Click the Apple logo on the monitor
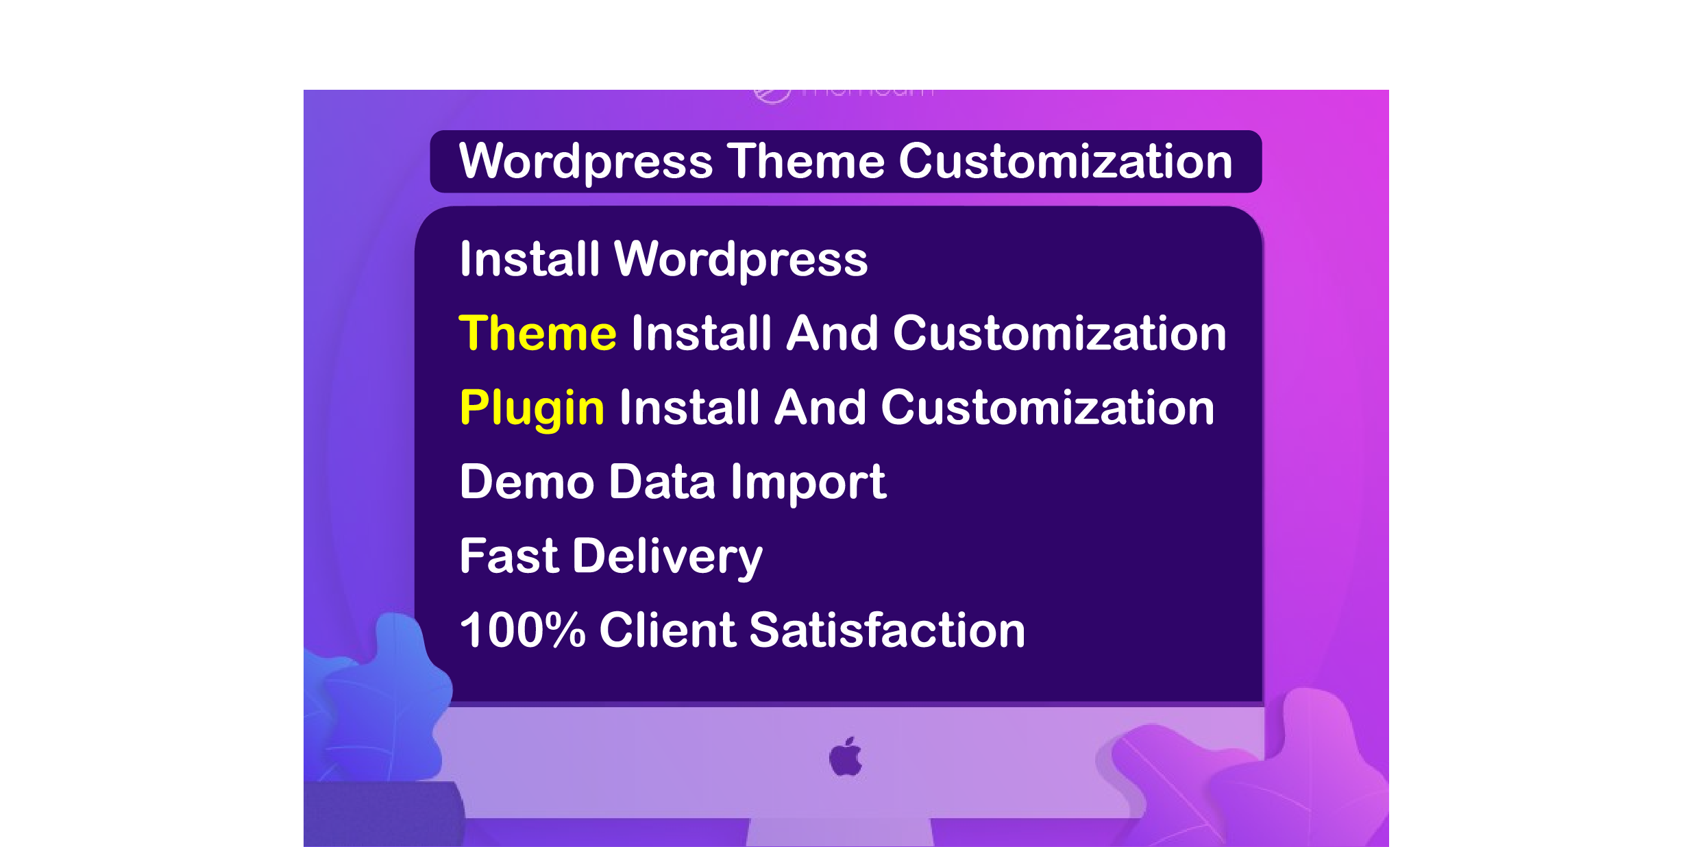click(846, 757)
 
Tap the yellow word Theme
click(537, 334)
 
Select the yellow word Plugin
click(532, 408)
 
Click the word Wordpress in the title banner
click(586, 162)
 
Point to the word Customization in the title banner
click(1065, 162)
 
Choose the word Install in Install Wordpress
click(529, 259)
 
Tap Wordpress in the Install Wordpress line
click(740, 260)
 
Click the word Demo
click(526, 482)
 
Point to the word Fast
click(509, 556)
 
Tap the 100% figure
click(522, 630)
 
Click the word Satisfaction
click(887, 630)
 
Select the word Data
click(662, 482)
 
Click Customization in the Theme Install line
click(1059, 334)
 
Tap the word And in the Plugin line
click(820, 408)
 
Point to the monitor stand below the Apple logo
click(840, 832)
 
